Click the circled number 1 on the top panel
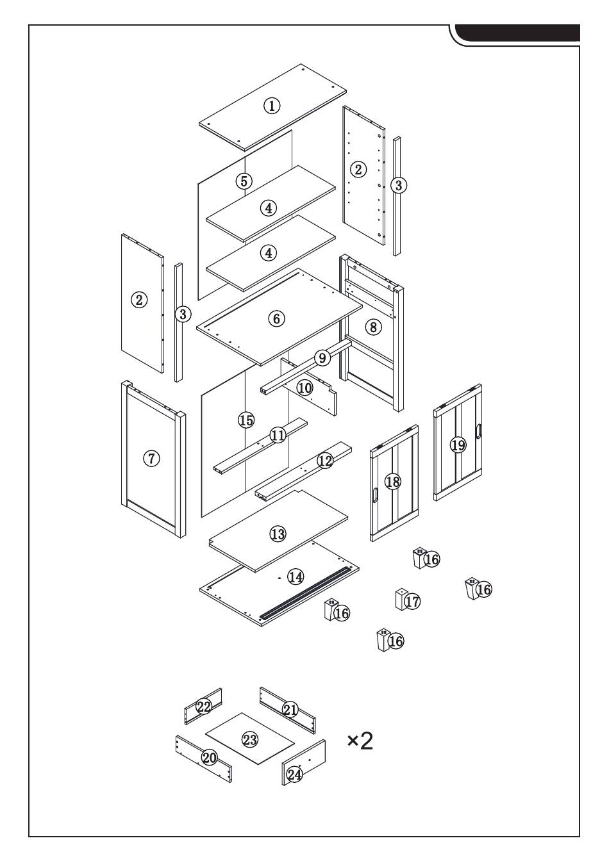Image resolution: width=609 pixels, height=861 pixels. point(272,106)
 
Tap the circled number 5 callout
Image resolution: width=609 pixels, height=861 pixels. point(243,181)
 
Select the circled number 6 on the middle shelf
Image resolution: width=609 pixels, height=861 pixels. point(276,318)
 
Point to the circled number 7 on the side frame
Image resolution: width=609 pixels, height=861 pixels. point(151,458)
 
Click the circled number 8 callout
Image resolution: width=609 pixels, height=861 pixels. point(373,327)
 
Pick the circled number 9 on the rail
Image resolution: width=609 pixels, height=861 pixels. point(322,357)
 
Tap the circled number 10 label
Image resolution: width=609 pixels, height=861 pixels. point(304,388)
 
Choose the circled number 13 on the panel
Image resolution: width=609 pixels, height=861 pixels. point(278,534)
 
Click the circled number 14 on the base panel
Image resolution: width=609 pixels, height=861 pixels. point(295,577)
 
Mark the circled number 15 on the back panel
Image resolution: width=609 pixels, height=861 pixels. point(246,420)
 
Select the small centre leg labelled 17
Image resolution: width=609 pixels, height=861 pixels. point(401,600)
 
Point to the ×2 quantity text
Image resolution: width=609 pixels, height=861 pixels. point(360,741)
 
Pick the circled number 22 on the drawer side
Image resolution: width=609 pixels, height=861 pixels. point(204,707)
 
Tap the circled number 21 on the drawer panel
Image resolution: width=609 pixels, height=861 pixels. point(290,710)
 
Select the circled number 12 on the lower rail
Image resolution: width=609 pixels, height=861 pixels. point(325,461)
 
